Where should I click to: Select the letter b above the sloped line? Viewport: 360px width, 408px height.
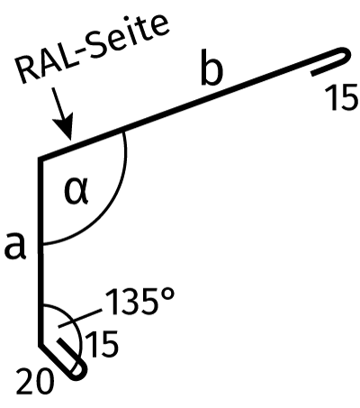(212, 68)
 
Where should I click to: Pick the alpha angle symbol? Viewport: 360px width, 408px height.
(76, 191)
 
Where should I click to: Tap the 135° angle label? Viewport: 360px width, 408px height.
(139, 301)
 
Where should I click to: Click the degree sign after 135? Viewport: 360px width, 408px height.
(167, 295)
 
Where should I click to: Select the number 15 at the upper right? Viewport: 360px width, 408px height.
(341, 97)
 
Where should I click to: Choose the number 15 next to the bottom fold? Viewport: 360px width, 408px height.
(102, 344)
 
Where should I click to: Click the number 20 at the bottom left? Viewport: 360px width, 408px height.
(35, 381)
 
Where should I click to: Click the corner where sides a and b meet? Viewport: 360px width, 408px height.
(40, 159)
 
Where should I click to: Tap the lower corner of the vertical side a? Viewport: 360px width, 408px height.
(40, 345)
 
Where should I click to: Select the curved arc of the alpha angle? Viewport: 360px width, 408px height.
(105, 213)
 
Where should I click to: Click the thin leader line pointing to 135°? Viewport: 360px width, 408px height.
(80, 318)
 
